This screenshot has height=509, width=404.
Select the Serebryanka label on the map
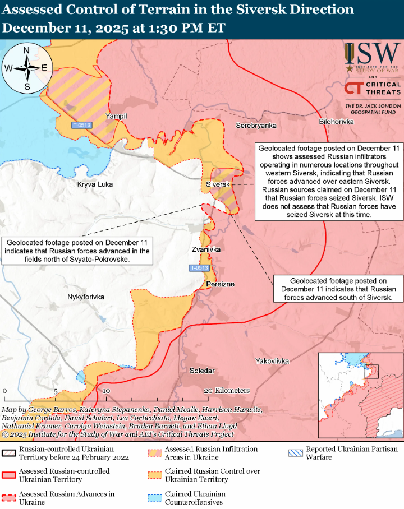pos(256,126)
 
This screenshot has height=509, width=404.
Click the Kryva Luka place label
pos(95,184)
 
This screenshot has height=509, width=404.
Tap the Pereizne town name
pos(220,284)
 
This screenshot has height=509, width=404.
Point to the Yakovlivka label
pos(272,362)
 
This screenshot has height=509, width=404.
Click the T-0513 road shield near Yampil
pos(82,124)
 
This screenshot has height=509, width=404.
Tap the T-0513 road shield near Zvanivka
pos(199,268)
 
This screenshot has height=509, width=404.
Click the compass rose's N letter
pos(26,50)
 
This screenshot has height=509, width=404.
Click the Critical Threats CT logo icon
pos(353,88)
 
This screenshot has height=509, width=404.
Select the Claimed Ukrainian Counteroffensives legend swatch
pos(153,498)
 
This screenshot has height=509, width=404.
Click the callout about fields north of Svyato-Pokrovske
pos(78,251)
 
